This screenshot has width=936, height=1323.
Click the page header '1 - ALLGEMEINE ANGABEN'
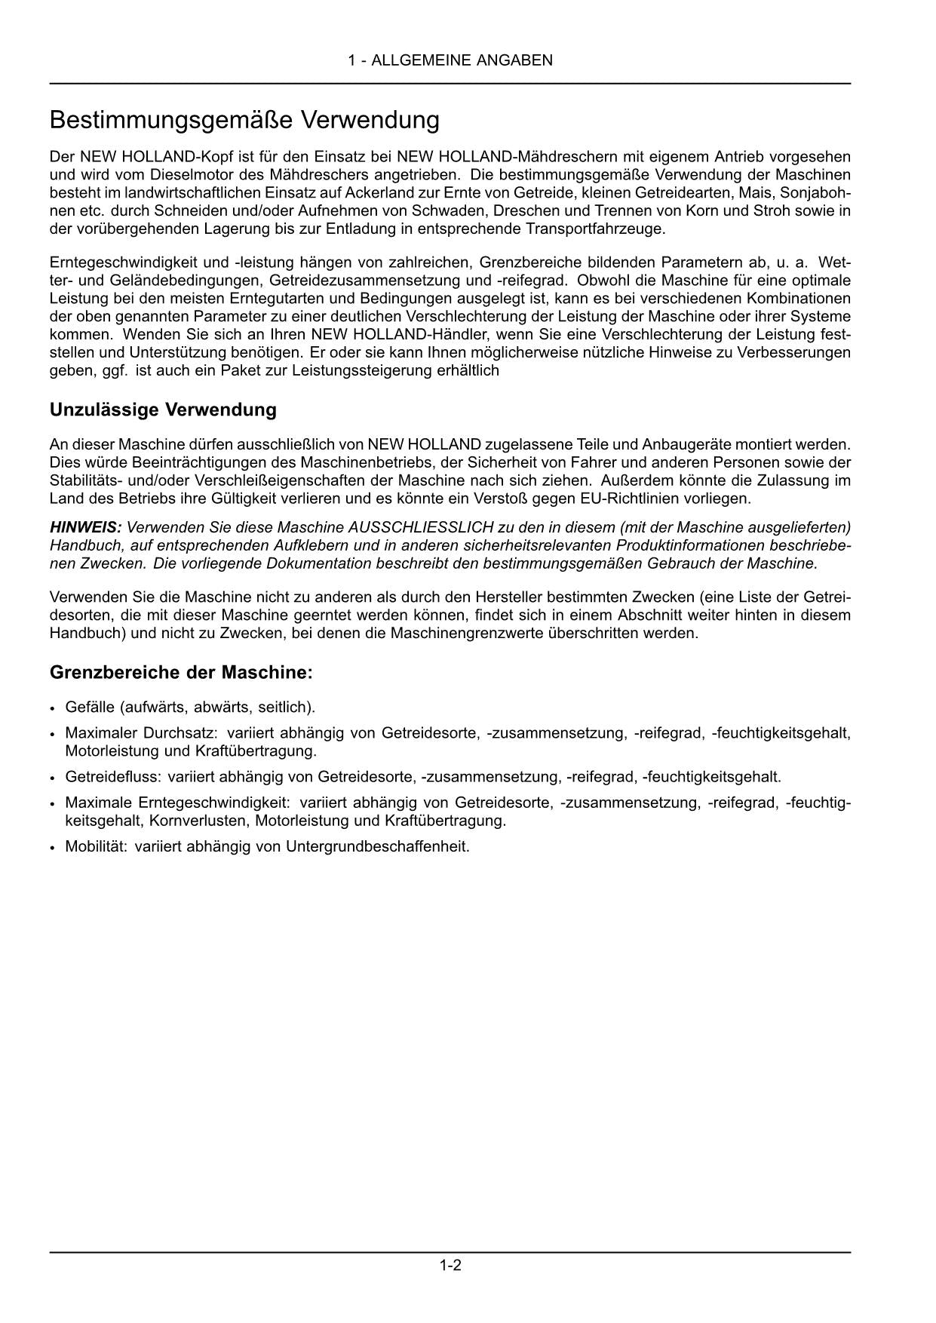pos(450,60)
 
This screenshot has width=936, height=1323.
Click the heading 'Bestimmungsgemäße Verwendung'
pos(244,120)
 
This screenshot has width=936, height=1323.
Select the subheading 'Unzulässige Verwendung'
pos(163,410)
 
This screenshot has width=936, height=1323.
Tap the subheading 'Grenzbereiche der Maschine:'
pos(181,671)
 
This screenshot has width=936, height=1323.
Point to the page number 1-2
pos(450,1265)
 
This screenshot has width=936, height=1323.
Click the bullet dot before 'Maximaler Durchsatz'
pos(52,734)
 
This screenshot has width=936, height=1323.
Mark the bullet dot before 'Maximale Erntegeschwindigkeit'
pos(52,803)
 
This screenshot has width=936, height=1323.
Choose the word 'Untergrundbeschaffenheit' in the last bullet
pos(377,846)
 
